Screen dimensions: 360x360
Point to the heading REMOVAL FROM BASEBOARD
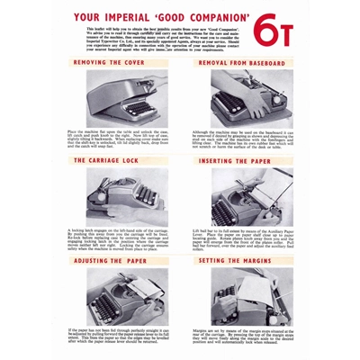click(235, 63)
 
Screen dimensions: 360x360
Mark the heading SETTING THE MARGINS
click(235, 260)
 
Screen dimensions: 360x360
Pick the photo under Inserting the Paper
click(235, 196)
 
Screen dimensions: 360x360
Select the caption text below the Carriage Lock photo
click(117, 239)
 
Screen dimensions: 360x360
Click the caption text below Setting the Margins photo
click(235, 337)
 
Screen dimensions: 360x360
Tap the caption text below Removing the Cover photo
click(117, 140)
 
